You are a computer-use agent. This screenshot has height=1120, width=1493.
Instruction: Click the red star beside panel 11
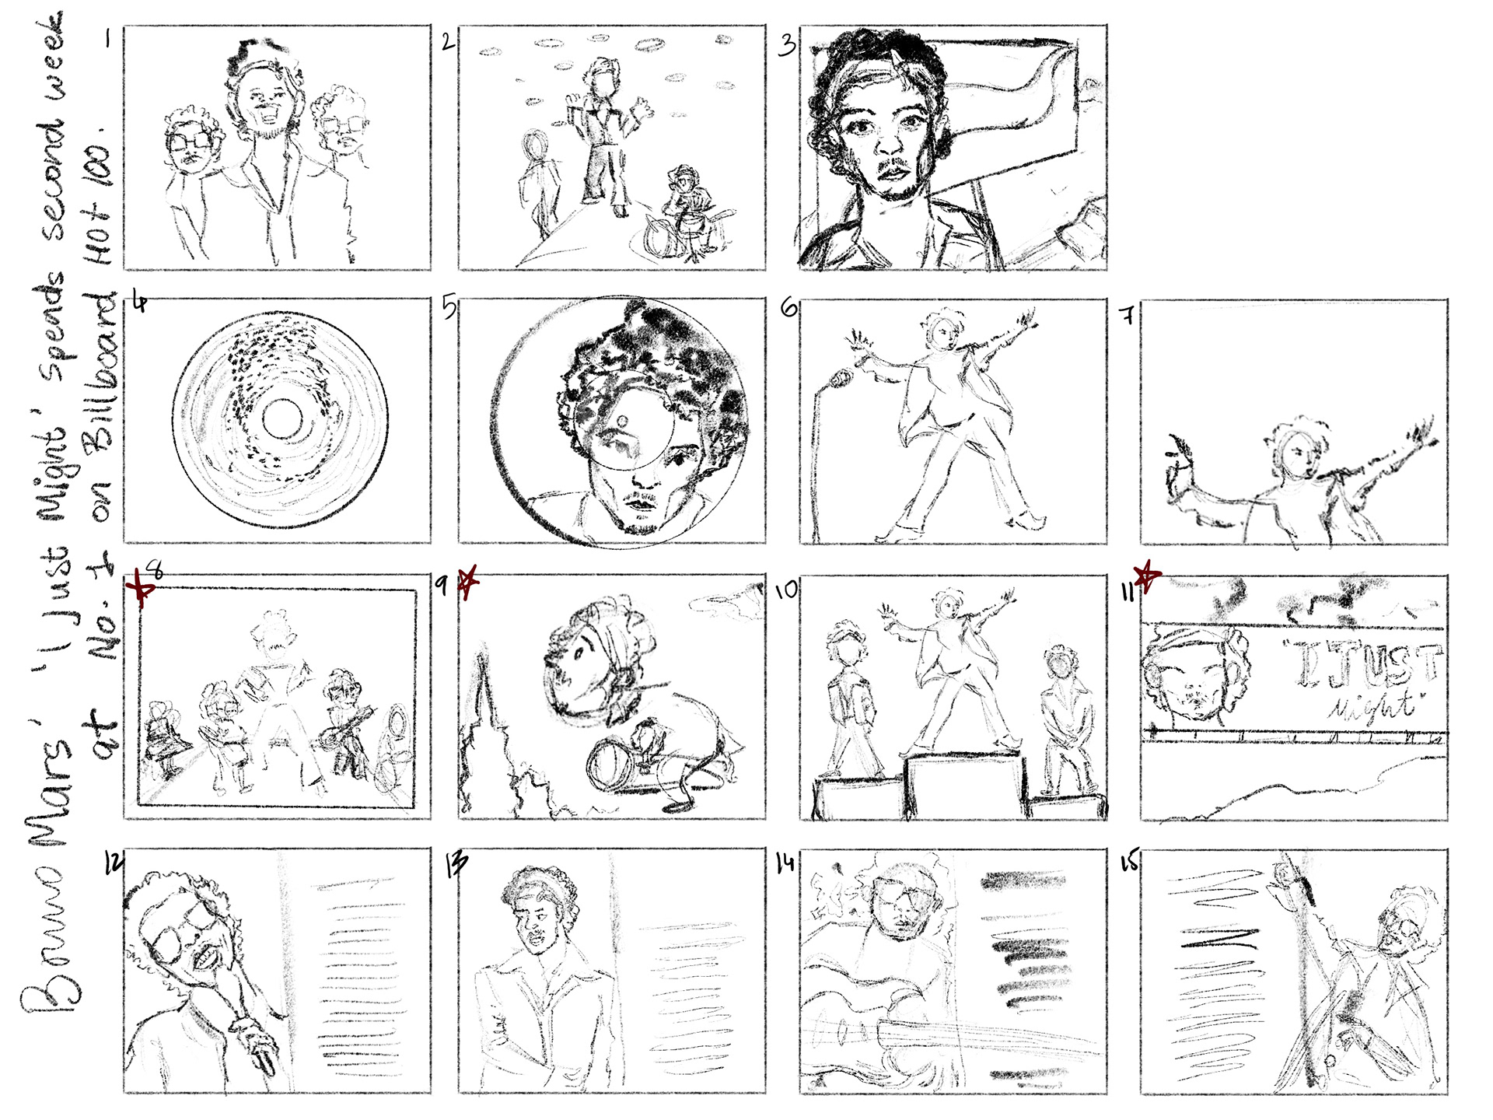point(1146,576)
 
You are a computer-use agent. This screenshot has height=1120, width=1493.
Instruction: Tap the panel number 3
point(787,44)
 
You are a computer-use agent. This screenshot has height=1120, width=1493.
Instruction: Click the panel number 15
point(1128,862)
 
